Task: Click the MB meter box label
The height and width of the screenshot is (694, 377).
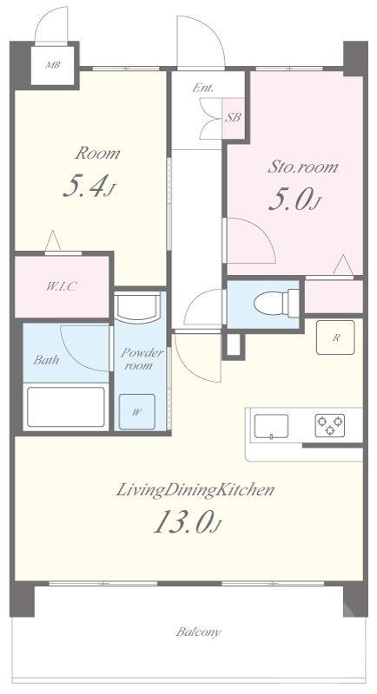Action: [x=53, y=66]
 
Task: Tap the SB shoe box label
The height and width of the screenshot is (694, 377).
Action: [x=234, y=118]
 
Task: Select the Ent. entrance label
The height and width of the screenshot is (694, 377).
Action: [x=202, y=88]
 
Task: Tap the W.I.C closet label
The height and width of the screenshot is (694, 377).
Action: [x=63, y=286]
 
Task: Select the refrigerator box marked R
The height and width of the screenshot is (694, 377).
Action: [x=335, y=337]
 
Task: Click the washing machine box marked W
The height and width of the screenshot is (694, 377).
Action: [x=137, y=411]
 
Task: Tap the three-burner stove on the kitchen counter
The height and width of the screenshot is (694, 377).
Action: [x=330, y=425]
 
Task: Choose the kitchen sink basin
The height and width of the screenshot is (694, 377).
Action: [x=271, y=427]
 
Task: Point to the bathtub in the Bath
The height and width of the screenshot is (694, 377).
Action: [x=66, y=408]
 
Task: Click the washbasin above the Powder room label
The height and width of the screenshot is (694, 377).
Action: [x=136, y=307]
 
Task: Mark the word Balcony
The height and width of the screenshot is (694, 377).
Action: [x=198, y=632]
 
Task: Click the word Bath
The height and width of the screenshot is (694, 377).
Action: [x=46, y=359]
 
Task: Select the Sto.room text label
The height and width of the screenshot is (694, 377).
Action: [x=302, y=167]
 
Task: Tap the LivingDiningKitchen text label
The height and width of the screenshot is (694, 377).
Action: [x=195, y=490]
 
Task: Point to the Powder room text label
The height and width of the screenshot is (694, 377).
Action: [x=137, y=359]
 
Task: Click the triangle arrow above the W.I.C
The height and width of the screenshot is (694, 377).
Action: [x=53, y=240]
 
